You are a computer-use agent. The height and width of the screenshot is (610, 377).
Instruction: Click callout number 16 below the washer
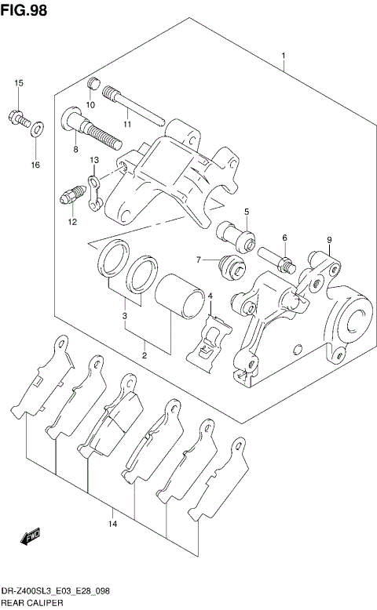pyautogui.click(x=35, y=165)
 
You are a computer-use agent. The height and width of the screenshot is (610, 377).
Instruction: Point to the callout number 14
pyautogui.click(x=113, y=523)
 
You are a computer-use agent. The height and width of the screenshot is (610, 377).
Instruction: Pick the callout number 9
pyautogui.click(x=330, y=240)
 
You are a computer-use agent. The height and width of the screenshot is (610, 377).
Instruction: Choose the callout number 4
pyautogui.click(x=210, y=296)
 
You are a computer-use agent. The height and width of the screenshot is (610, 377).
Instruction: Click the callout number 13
pyautogui.click(x=93, y=160)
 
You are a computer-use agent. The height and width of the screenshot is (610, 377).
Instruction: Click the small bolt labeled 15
pyautogui.click(x=18, y=118)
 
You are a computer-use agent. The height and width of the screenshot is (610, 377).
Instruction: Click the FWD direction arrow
pyautogui.click(x=30, y=538)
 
